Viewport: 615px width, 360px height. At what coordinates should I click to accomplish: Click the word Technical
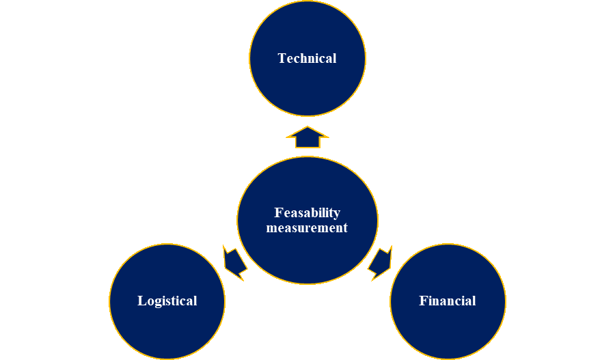point(307,59)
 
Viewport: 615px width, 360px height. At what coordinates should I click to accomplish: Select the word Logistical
point(167,301)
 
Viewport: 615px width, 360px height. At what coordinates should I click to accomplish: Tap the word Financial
point(448,301)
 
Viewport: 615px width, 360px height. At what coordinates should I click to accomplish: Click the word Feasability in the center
point(307,213)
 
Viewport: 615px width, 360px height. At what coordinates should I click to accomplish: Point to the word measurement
point(307,228)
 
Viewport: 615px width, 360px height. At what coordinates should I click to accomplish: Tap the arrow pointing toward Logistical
point(234,262)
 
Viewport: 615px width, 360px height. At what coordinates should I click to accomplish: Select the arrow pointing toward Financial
point(380,263)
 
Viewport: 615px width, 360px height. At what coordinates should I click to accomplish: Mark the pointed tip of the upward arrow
point(307,128)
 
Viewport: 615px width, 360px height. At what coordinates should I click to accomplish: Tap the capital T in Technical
point(282,59)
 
